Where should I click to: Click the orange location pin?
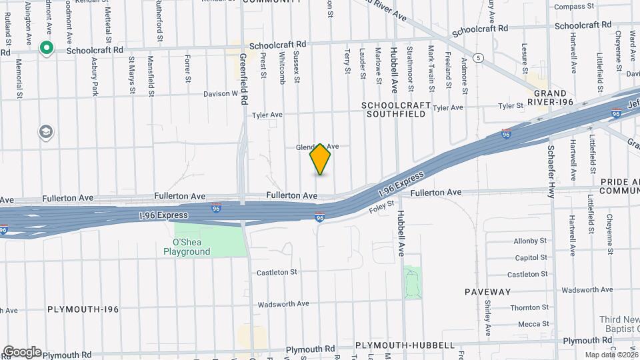tap(320, 159)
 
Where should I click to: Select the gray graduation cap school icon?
tap(46, 131)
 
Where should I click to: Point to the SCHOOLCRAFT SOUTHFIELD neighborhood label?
tap(394, 110)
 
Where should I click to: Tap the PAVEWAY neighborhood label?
tap(488, 292)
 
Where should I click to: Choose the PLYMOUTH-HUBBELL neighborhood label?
tap(405, 345)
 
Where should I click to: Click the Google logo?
tap(21, 351)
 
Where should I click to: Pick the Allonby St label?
tap(530, 241)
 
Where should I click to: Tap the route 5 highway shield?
tap(478, 58)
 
